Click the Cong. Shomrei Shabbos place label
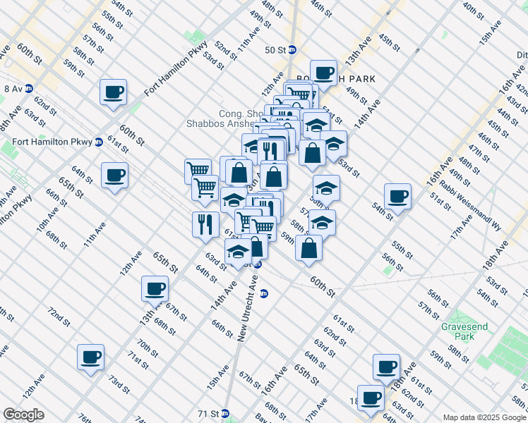coord(226,118)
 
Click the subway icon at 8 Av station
coord(29,89)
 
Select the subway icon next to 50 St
coord(292,50)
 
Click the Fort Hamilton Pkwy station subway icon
coord(99,142)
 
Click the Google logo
coord(23,415)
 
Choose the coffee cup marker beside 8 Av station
coord(113,92)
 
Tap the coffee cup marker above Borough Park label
coord(323,72)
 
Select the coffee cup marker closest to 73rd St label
coord(90,357)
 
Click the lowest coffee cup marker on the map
coord(371,398)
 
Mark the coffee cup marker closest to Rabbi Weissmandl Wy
coord(397,196)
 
